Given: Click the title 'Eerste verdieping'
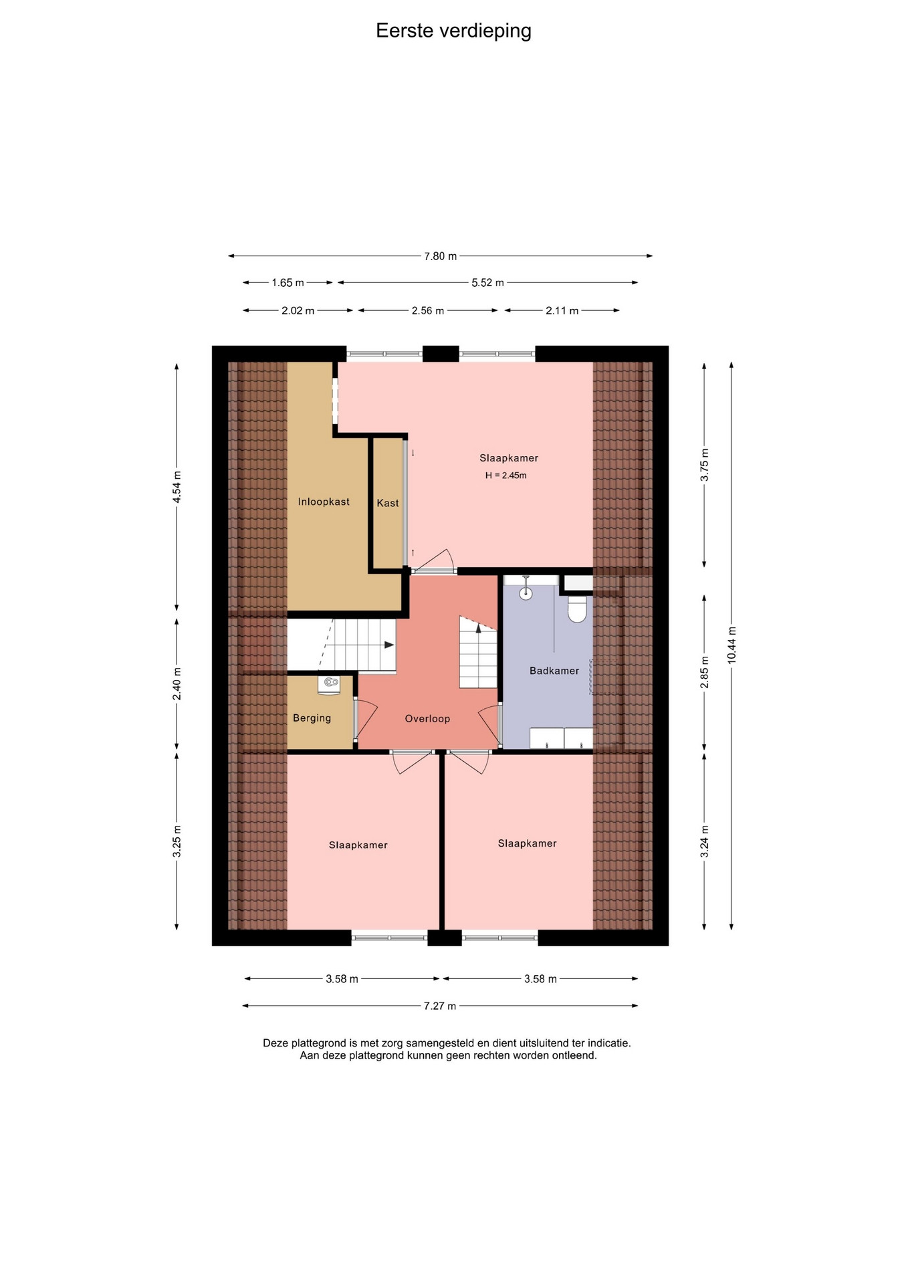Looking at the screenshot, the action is point(453,31).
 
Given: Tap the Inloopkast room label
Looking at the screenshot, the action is point(324,502).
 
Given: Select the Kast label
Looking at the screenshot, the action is point(388,503).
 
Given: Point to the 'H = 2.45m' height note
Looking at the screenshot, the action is point(506,475).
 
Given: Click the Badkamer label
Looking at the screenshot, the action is point(554,671).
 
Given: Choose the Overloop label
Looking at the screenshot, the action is point(427,719).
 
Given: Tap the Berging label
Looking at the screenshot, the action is point(312,718).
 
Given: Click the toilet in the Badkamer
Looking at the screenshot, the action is point(577,609).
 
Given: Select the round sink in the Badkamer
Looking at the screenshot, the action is point(526,593).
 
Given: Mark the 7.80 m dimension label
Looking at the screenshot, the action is point(441,256).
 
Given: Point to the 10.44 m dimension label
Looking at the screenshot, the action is point(731,645).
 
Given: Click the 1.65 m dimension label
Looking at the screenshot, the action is point(288,283).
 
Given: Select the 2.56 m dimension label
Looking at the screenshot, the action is point(428,311).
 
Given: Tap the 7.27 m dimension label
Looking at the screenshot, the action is point(440,1006).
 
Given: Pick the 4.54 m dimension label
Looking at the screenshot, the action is point(177,487).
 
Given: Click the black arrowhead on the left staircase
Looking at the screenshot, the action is point(389,645).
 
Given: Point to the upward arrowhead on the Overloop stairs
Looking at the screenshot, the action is point(479,627).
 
